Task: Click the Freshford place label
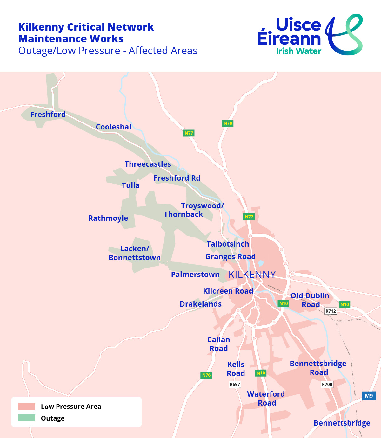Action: coord(48,115)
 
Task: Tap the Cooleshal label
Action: coord(113,127)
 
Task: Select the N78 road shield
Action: coord(228,123)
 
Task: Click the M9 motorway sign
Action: coord(369,396)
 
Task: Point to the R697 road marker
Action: coord(235,384)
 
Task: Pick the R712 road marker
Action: coord(331,311)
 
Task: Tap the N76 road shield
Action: coord(206,375)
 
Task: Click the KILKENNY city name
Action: coord(252,275)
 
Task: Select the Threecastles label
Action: coord(148,164)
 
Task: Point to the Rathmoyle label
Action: coord(108,218)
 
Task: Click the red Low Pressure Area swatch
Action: coord(27,407)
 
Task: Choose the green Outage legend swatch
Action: coord(27,418)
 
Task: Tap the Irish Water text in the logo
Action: coord(298,51)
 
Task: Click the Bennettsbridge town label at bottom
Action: coord(342,423)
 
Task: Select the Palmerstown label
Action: coord(195,275)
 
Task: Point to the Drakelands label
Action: coord(201,304)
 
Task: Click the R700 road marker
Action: coord(327,384)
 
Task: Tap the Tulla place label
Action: coord(130,185)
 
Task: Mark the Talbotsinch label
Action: coord(228,244)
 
